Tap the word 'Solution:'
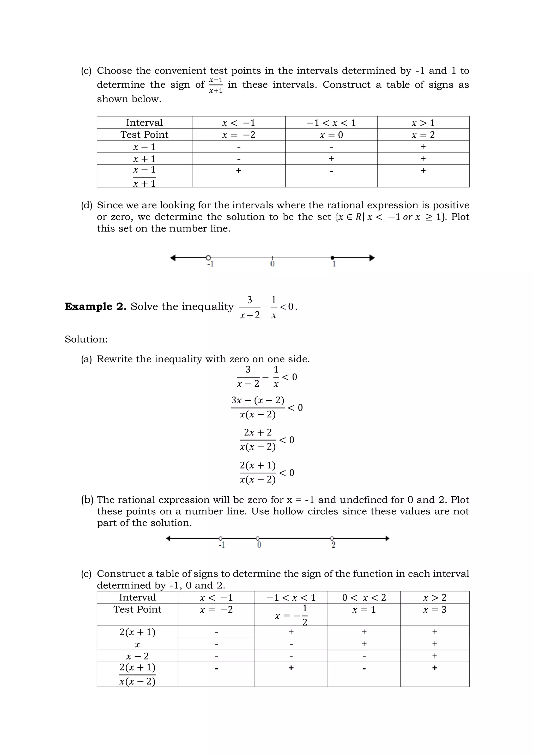pyautogui.click(x=86, y=339)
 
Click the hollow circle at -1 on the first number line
pyautogui.click(x=208, y=258)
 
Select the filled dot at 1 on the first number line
pyautogui.click(x=332, y=258)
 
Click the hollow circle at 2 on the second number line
pyautogui.click(x=332, y=538)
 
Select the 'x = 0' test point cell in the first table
pyautogui.click(x=331, y=135)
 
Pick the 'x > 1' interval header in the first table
pyautogui.click(x=423, y=123)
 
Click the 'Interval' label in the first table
pyautogui.click(x=144, y=123)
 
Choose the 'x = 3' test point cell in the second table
pyautogui.click(x=434, y=610)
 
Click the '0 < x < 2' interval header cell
pyautogui.click(x=364, y=598)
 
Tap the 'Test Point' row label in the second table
pyautogui.click(x=137, y=609)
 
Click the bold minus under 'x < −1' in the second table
pyautogui.click(x=216, y=668)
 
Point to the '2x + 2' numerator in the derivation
pyautogui.click(x=258, y=433)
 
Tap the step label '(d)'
pyautogui.click(x=87, y=205)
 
